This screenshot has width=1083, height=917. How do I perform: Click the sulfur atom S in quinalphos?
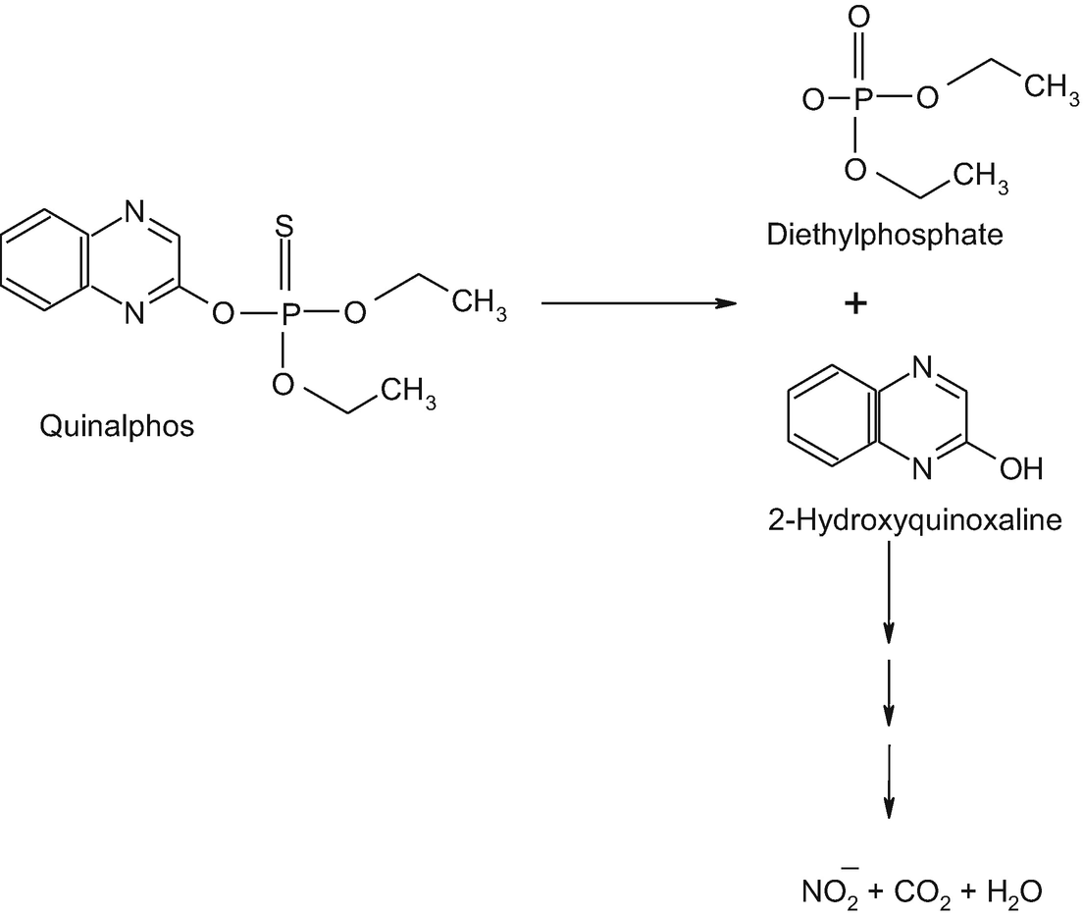pos(283,225)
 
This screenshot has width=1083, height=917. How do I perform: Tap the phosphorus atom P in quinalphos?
pos(283,313)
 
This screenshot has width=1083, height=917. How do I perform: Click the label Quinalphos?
pos(118,426)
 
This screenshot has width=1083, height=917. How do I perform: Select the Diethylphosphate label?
pos(885,236)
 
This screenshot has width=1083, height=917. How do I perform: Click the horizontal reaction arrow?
pos(639,303)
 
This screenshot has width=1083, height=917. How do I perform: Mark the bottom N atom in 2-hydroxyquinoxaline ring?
pos(921,470)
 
